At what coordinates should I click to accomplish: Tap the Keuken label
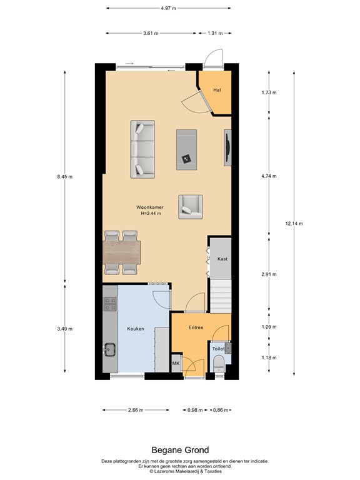(x=136, y=328)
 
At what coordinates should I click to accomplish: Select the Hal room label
(x=217, y=90)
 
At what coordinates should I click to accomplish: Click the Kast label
(x=221, y=259)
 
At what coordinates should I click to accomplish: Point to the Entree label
(x=196, y=327)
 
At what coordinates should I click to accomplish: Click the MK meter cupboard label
(x=176, y=364)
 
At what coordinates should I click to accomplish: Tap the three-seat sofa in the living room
(x=142, y=148)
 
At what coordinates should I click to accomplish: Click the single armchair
(x=191, y=206)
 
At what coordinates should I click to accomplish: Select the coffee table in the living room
(x=186, y=149)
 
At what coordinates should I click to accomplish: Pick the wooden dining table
(x=121, y=252)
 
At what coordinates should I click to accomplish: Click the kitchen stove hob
(x=111, y=304)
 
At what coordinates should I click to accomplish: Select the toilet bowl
(x=217, y=366)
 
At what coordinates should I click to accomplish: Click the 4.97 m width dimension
(x=167, y=8)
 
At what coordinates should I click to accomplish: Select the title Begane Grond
(x=180, y=450)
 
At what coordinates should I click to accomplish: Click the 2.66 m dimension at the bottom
(x=136, y=410)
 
